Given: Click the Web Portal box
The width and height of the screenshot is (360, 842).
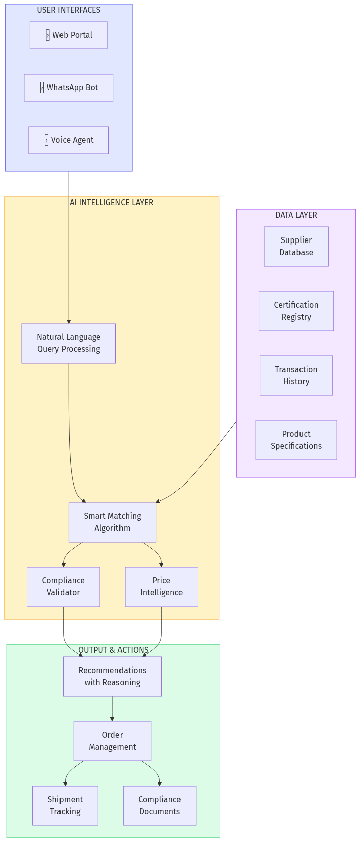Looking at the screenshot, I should point(69,35).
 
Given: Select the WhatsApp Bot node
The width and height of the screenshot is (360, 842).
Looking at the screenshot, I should point(69,88).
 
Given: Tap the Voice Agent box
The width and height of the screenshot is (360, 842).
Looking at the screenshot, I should point(69,140).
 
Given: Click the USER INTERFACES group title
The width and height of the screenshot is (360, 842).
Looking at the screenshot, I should point(69,10).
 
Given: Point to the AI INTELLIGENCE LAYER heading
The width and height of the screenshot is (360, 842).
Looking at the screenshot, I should point(111,202).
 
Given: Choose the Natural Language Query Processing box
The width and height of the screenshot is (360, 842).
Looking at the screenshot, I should point(69,343).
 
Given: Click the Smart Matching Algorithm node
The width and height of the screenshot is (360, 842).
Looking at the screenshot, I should point(112,522).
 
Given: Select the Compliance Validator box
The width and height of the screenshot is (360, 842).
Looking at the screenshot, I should point(64,587).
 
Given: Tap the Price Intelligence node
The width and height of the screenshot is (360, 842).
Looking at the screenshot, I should point(161,587).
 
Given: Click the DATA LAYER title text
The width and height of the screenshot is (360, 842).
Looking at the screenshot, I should point(296,215).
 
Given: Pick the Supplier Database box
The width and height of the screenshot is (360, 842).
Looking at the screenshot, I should point(296,247).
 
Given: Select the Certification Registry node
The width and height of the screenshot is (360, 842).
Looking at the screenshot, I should point(296,311).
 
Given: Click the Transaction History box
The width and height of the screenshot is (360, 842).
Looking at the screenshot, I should point(296,376).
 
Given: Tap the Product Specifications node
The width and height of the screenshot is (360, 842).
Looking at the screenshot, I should point(296,440).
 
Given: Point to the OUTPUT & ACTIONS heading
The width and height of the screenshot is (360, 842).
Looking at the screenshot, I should point(113,650).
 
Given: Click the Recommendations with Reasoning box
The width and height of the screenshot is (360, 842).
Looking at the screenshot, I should point(112,677).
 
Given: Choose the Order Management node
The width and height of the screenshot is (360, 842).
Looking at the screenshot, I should point(112,741).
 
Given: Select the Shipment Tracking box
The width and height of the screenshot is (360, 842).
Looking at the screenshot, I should point(65,806).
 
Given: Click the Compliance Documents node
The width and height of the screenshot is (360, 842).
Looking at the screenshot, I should point(159,806).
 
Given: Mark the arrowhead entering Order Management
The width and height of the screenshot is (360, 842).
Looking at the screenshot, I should point(112,718).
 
